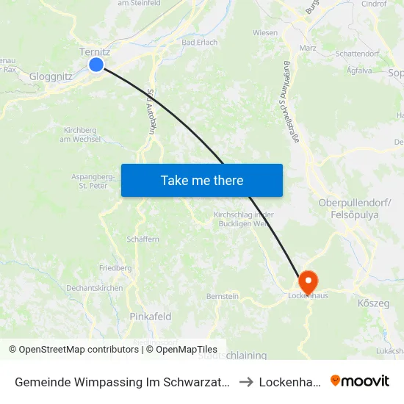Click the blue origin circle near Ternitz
[96, 65]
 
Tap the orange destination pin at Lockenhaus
[307, 281]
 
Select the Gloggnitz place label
[50, 76]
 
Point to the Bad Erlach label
[199, 43]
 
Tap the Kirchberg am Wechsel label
[80, 134]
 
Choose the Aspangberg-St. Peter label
[92, 181]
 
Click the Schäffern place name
[143, 239]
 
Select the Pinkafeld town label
[150, 317]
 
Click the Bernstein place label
[222, 296]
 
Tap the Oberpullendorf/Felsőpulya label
[350, 208]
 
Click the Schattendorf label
[356, 54]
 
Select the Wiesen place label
[265, 33]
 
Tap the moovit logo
[359, 380]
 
